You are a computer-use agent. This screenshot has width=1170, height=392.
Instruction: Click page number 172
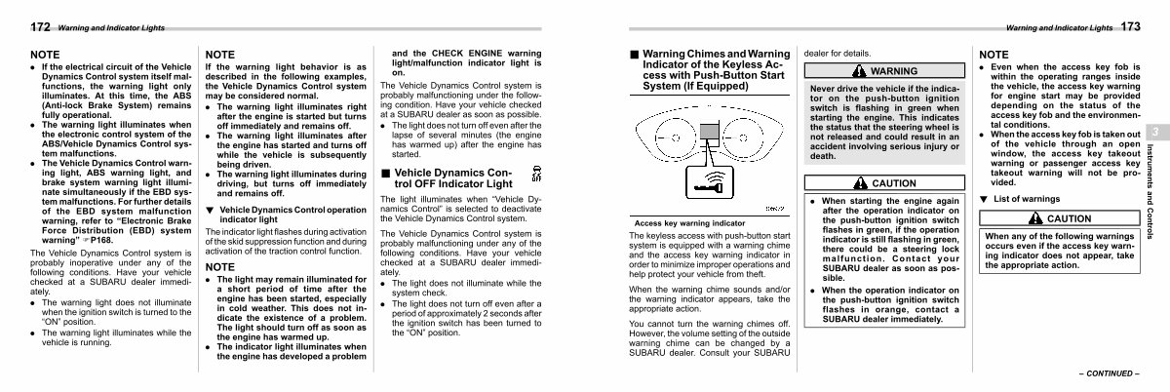click(x=40, y=26)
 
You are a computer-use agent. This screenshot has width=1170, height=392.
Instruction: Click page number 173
click(x=1130, y=26)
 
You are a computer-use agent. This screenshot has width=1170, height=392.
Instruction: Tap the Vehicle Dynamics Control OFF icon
click(x=536, y=174)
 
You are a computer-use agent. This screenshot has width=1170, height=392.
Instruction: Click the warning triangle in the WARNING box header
click(x=859, y=70)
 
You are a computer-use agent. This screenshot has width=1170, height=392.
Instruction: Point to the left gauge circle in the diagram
click(x=675, y=138)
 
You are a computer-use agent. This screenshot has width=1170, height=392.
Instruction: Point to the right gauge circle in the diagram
click(x=743, y=138)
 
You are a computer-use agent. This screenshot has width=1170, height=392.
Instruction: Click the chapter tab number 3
click(x=1155, y=132)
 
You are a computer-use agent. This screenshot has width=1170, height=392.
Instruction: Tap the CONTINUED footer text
click(x=1109, y=373)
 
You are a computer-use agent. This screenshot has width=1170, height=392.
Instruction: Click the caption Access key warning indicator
click(x=689, y=223)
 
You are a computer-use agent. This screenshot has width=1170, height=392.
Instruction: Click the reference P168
click(x=97, y=241)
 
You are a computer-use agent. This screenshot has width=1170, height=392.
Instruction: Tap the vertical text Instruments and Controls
click(x=1150, y=191)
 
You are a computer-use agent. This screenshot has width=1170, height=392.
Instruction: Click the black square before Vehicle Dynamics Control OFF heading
click(x=385, y=173)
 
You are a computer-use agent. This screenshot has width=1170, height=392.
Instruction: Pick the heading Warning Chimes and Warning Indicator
click(x=716, y=70)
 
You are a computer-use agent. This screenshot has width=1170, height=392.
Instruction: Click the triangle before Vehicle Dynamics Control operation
click(x=210, y=210)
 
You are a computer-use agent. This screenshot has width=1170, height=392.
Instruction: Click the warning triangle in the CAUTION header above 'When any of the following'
click(x=1035, y=218)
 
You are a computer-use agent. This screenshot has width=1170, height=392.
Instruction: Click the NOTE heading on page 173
click(x=994, y=55)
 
